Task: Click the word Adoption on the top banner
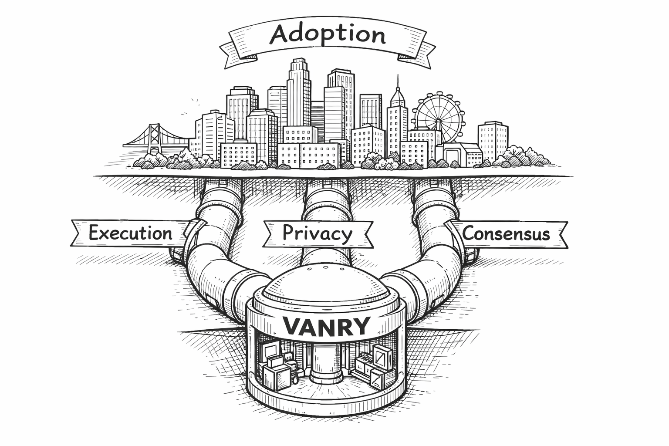(328, 34)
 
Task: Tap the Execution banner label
(130, 233)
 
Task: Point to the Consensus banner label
(506, 234)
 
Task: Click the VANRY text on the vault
(326, 326)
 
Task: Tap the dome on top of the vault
(326, 283)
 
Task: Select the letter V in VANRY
(292, 326)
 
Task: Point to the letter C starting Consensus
(468, 234)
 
